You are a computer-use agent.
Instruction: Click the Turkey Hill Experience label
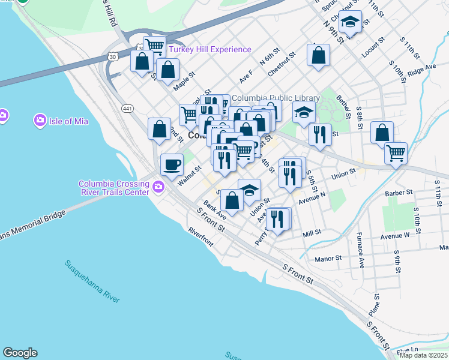click(210, 50)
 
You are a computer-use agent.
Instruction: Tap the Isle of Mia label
click(68, 121)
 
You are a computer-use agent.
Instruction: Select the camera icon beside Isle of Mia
click(40, 121)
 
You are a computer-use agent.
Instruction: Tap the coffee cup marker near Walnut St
click(172, 164)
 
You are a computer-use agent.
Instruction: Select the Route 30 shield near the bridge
click(112, 56)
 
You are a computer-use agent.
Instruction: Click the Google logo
click(20, 353)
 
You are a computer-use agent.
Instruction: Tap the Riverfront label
click(200, 237)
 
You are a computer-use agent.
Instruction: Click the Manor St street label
click(328, 258)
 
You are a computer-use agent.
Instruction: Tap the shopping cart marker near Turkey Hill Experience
click(155, 46)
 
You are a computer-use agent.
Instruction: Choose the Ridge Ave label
click(421, 70)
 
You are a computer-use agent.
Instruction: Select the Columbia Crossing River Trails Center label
click(113, 188)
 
